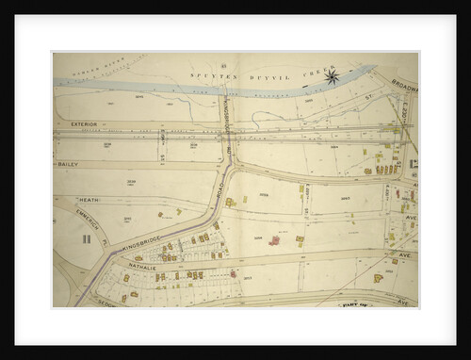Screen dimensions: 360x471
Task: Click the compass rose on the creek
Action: [332, 78]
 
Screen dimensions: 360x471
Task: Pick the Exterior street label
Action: [84, 123]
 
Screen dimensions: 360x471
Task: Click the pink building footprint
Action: [274, 240]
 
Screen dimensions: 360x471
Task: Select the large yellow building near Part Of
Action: [378, 278]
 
